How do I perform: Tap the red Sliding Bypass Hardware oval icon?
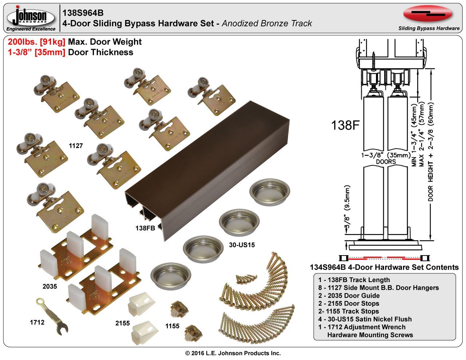[x=428, y=14]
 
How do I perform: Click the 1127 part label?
[x=76, y=146]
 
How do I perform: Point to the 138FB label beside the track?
[x=145, y=228]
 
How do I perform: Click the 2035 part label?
[x=50, y=286]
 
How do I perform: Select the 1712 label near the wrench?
[x=37, y=322]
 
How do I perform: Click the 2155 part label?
[x=123, y=323]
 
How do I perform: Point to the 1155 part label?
[x=172, y=326]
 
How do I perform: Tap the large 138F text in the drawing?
[x=345, y=126]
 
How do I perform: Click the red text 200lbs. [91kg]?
[x=36, y=42]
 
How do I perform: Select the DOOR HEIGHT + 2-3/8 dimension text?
[x=431, y=151]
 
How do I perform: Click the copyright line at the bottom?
[x=233, y=353]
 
